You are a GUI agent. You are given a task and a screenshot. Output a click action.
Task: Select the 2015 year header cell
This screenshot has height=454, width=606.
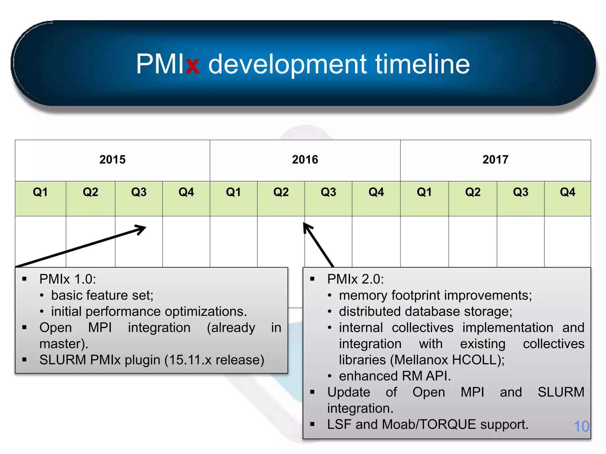(112, 160)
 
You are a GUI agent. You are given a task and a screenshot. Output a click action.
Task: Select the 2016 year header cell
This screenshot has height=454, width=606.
(305, 160)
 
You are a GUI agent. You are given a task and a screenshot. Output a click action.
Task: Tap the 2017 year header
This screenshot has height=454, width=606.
(495, 160)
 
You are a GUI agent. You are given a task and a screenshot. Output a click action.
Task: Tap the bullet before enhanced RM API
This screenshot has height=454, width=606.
(330, 376)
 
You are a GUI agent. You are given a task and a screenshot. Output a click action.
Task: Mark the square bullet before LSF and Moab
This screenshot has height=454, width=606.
(312, 424)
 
